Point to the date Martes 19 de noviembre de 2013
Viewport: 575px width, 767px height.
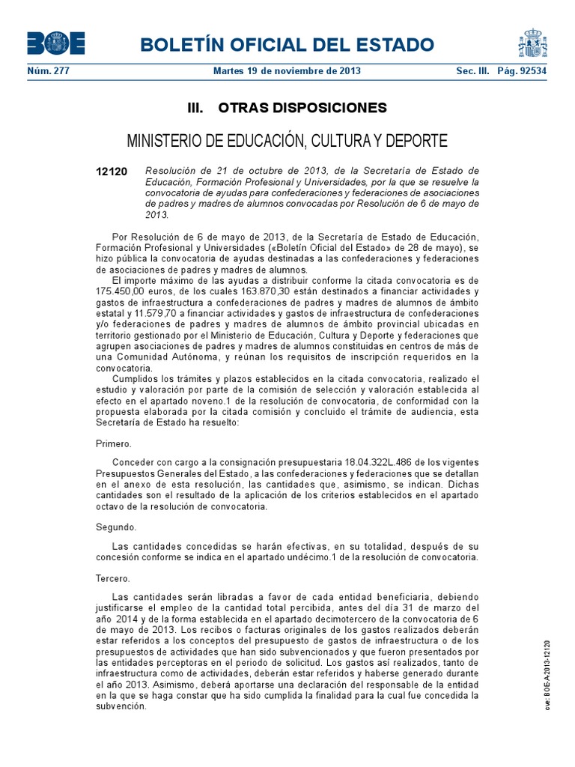[287, 71]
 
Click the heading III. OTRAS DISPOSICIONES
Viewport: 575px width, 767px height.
[287, 108]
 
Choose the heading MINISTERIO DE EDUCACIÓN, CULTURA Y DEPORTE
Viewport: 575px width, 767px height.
[287, 141]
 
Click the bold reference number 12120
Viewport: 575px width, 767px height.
[112, 172]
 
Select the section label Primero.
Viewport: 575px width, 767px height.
[114, 443]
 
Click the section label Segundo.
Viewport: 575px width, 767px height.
[116, 527]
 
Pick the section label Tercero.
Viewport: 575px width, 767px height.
[113, 579]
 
